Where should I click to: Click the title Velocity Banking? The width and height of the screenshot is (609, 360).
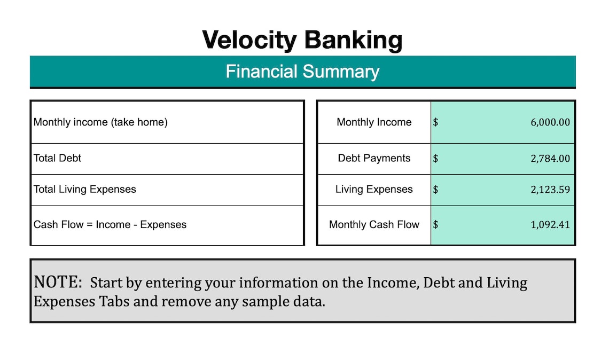302,40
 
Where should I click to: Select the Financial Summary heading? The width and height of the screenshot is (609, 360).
302,72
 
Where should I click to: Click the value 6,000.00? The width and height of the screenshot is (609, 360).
550,122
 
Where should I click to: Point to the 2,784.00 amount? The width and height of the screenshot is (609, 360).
550,159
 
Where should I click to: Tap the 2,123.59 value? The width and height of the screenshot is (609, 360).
550,190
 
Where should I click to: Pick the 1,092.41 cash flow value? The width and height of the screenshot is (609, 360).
550,225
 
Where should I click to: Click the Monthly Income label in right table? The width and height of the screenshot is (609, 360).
374,122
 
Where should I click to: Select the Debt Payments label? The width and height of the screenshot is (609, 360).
374,159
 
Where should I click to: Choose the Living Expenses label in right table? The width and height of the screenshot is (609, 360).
374,190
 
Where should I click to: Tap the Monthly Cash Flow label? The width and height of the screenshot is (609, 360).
374,225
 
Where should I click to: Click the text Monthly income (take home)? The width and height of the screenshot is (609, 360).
100,122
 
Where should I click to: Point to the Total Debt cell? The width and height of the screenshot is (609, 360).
57,159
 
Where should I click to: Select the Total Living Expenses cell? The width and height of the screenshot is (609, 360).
84,190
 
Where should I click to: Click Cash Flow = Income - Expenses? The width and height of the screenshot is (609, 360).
110,225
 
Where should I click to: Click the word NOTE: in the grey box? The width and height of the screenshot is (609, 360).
58,282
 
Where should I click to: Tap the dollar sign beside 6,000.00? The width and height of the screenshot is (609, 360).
436,122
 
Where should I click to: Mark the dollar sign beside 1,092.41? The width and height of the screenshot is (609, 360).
436,225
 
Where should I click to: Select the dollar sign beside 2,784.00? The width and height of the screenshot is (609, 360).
436,159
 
